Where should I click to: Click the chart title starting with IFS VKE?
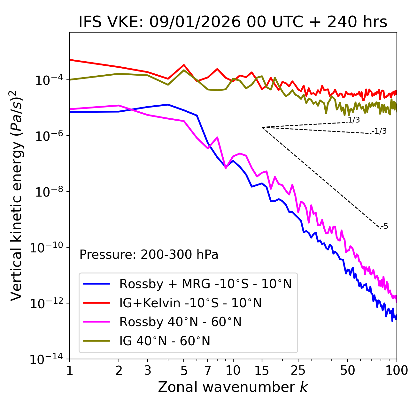pyautogui.click(x=233, y=22)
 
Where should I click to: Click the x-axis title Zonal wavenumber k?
pyautogui.click(x=233, y=387)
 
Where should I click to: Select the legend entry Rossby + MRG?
pyautogui.click(x=205, y=284)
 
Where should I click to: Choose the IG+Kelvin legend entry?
pyautogui.click(x=190, y=303)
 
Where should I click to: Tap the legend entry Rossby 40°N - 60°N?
pyautogui.click(x=180, y=322)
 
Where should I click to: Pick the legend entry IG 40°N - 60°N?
pyautogui.click(x=165, y=341)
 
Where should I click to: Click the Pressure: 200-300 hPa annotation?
pyautogui.click(x=149, y=255)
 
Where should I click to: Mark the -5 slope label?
pyautogui.click(x=385, y=226)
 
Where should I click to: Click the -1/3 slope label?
pyautogui.click(x=380, y=131)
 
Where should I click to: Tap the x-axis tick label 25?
pyautogui.click(x=298, y=370)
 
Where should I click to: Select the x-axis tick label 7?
pyautogui.click(x=208, y=370)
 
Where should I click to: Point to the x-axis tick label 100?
pyautogui.click(x=397, y=370)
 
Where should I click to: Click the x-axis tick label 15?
pyautogui.click(x=262, y=370)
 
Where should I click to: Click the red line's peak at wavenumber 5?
pyautogui.click(x=184, y=65)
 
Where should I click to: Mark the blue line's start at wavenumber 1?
pyautogui.click(x=70, y=112)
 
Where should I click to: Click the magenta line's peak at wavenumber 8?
pyautogui.click(x=217, y=138)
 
